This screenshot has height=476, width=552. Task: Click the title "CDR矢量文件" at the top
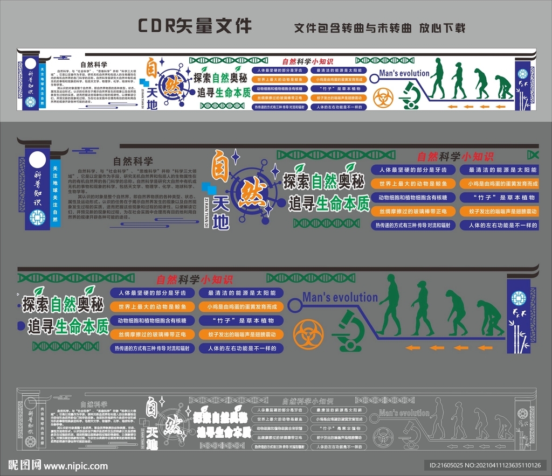[195, 25]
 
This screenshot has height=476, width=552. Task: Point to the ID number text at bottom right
[482, 465]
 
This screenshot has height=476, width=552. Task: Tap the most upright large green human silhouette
[390, 304]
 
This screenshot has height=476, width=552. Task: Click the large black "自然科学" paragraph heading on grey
[133, 160]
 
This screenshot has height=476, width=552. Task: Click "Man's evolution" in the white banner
[404, 73]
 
